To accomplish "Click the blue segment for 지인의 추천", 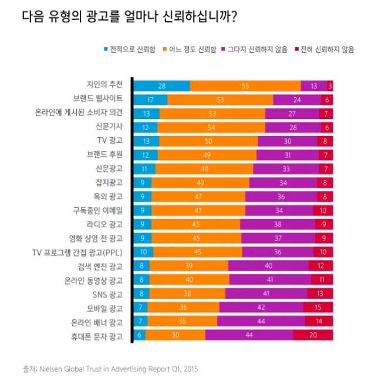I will (162, 86).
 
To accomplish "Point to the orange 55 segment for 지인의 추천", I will (245, 86).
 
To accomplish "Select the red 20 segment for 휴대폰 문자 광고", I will (313, 335).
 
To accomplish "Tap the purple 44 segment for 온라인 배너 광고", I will (261, 321).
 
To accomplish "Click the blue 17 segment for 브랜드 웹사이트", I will (151, 100).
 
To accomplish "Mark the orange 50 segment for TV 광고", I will (208, 141).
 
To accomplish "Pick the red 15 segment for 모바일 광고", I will (318, 307).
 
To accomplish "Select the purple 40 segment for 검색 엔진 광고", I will (269, 266).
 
